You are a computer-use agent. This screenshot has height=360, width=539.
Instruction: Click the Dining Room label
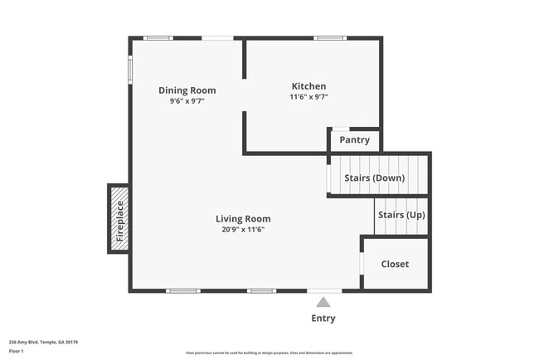(187, 90)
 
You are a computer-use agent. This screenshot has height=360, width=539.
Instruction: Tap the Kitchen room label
(308, 86)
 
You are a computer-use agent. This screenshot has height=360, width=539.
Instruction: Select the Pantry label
(354, 140)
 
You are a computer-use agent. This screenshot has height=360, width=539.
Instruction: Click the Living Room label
(243, 219)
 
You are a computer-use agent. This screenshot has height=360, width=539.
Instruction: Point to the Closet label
(395, 265)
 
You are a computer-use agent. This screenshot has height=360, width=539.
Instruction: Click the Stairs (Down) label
(375, 178)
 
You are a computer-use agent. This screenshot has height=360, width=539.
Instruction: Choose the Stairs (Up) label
(401, 215)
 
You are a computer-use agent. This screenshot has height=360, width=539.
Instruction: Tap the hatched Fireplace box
(119, 219)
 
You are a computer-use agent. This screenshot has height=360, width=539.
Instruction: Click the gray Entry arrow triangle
(323, 303)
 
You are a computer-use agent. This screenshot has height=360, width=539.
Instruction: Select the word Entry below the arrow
(323, 319)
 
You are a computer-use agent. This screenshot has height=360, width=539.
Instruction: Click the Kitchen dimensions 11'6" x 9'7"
(308, 97)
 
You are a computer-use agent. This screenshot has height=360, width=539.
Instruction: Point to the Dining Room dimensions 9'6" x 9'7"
(187, 101)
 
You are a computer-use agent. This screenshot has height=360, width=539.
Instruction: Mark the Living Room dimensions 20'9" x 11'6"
(243, 230)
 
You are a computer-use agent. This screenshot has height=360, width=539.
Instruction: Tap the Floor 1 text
(17, 351)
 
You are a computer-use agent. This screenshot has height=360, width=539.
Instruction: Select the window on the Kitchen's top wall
(329, 38)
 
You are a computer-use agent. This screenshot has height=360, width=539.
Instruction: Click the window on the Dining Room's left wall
(130, 69)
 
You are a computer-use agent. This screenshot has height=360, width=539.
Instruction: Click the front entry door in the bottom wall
(323, 290)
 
